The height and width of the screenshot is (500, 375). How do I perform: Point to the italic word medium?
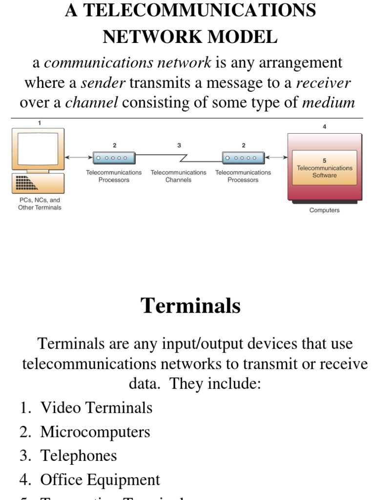(329, 103)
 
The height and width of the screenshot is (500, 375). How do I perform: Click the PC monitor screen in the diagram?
(38, 147)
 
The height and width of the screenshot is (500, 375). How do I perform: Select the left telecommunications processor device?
(114, 158)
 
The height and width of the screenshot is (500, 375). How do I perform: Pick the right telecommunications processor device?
(243, 158)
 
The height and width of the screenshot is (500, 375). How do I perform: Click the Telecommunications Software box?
(324, 167)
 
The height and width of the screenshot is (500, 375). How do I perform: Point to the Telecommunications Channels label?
(178, 176)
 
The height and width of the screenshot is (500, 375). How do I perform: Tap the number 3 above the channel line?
(179, 145)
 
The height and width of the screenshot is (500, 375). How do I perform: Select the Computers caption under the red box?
(324, 210)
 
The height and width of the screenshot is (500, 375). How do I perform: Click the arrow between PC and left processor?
(79, 157)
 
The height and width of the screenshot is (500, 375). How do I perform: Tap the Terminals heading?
(190, 306)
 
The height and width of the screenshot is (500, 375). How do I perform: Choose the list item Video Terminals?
(96, 408)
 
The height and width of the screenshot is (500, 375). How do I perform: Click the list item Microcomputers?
(95, 432)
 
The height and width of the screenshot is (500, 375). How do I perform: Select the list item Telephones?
(78, 456)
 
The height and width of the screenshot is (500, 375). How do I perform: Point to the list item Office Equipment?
(100, 479)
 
